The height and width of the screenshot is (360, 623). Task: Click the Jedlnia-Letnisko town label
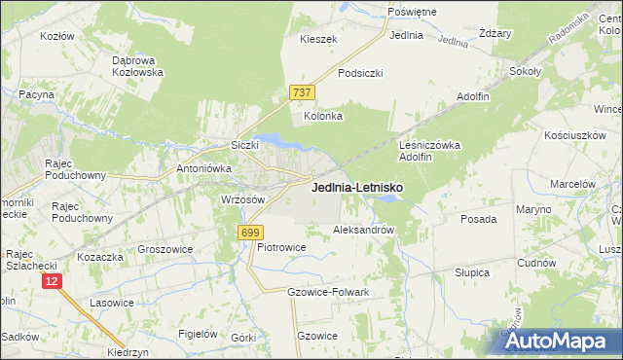358,187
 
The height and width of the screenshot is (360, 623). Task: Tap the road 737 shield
302,92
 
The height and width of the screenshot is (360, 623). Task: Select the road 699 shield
250,232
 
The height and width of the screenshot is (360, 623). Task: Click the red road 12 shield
53,280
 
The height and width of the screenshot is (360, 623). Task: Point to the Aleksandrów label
363,231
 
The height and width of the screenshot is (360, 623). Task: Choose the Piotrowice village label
281,247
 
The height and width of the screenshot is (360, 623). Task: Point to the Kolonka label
324,116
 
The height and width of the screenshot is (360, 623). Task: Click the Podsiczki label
360,73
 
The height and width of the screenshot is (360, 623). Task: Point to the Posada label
479,219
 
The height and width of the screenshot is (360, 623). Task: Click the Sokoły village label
526,71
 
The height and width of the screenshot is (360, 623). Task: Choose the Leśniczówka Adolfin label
429,150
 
